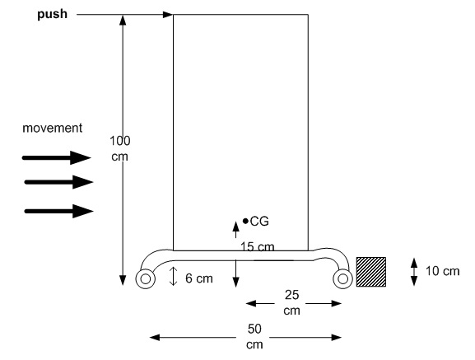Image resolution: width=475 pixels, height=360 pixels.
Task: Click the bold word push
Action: click(52, 14)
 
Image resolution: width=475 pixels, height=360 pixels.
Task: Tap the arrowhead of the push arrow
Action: click(168, 14)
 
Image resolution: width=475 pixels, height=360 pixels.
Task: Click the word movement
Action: click(53, 128)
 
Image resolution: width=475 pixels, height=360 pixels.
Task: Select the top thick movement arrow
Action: click(56, 157)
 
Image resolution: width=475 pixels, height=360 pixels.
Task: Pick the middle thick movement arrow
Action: click(58, 182)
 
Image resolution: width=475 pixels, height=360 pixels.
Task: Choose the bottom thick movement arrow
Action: click(58, 211)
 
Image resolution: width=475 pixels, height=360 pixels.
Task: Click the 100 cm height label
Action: click(120, 148)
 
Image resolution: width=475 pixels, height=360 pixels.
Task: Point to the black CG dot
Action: click(245, 222)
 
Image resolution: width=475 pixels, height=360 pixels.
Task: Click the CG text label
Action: click(259, 222)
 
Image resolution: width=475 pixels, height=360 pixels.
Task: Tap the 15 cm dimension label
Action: click(257, 246)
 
